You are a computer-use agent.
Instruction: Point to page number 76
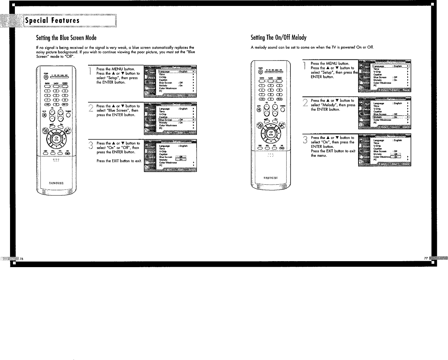tap(22, 259)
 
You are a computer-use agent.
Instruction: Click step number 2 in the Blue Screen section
tap(91, 108)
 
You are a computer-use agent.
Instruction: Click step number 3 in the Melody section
tap(306, 140)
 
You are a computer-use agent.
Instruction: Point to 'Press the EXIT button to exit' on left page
tap(118, 161)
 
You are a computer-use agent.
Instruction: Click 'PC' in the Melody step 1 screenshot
tap(375, 85)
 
